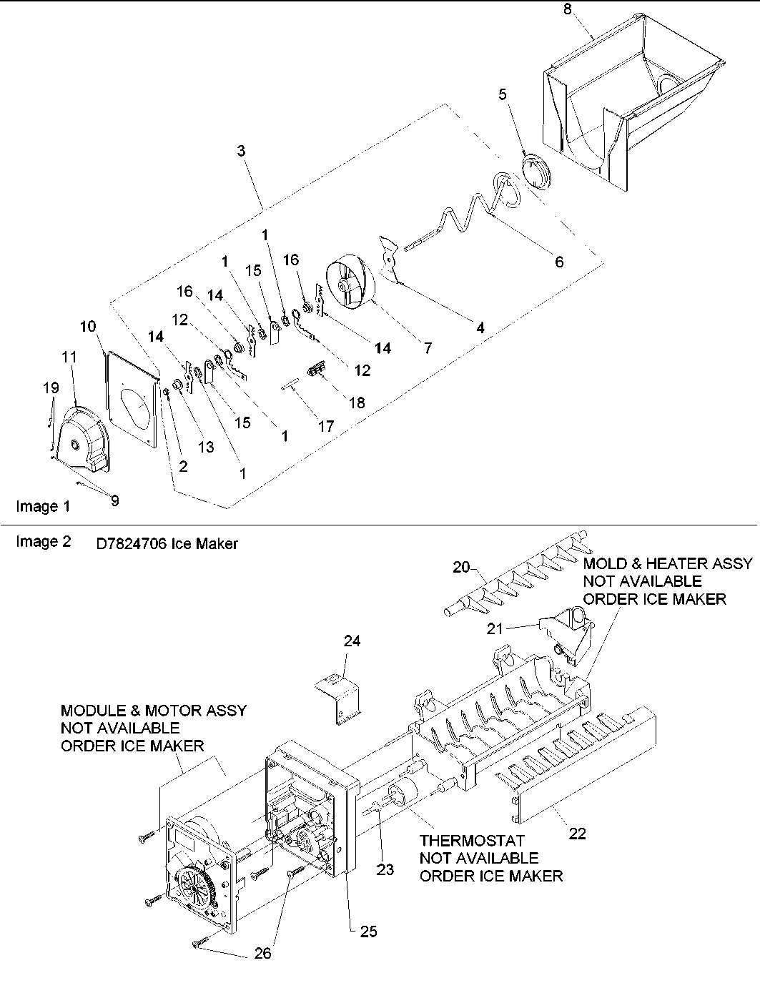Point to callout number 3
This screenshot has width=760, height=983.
tap(242, 151)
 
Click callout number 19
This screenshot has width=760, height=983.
tap(50, 388)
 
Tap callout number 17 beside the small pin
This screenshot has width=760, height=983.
tap(326, 426)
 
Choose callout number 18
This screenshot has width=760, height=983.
tap(356, 402)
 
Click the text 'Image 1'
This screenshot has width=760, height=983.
tap(43, 507)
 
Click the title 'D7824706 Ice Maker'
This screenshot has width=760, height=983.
tap(167, 544)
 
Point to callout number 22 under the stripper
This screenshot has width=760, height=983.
tap(577, 834)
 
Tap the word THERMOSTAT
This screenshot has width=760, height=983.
tap(472, 841)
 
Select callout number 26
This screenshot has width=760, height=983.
tap(263, 953)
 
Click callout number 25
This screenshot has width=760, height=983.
tap(368, 932)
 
